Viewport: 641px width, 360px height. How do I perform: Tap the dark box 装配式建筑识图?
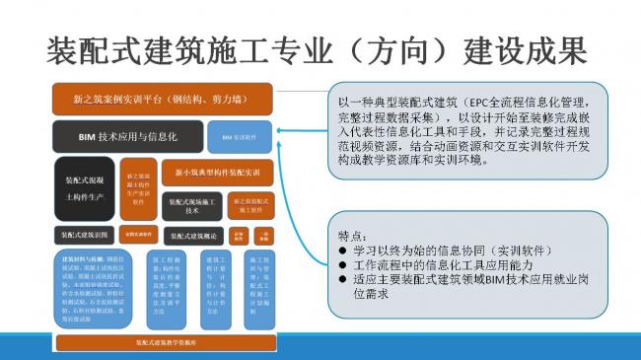pos(85,236)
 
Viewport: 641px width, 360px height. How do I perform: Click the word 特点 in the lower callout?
pos(353,237)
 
